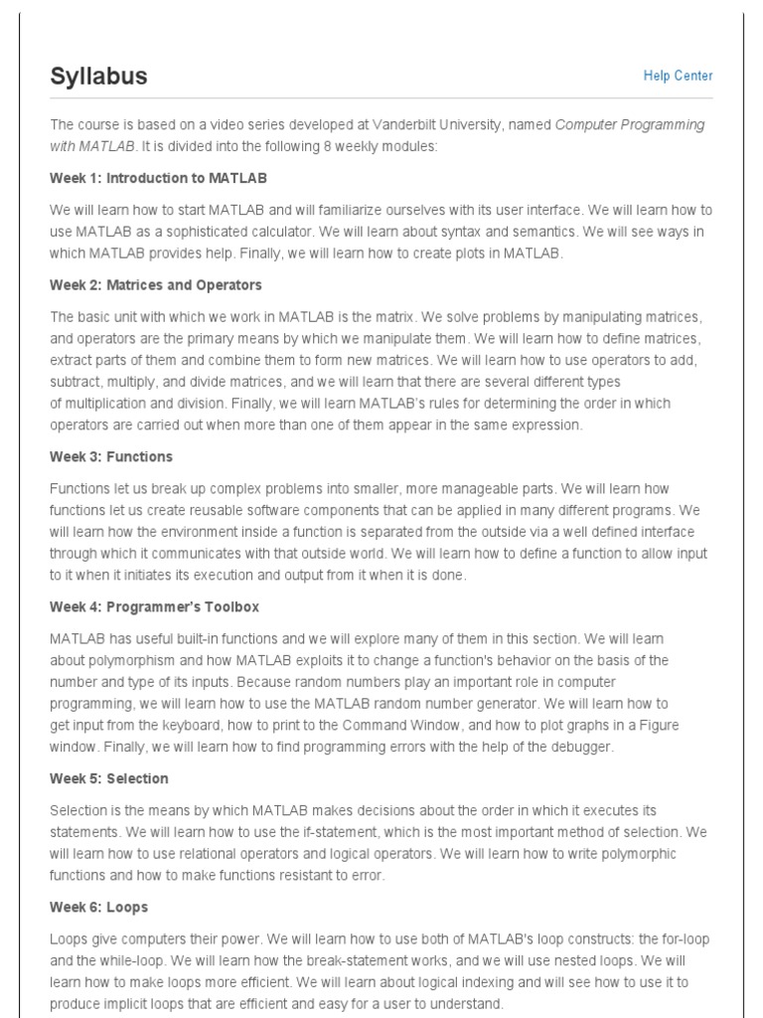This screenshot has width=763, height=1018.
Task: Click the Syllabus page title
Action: [98, 77]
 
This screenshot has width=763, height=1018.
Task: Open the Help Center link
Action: [678, 76]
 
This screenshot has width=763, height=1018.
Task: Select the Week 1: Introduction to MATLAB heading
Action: [158, 178]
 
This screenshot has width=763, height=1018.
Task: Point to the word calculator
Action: [276, 232]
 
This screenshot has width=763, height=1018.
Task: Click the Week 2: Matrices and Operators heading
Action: [156, 285]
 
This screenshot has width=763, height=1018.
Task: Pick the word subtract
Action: [76, 382]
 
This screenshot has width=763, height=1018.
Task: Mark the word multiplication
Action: [112, 404]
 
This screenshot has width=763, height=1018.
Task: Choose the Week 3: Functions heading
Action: [111, 456]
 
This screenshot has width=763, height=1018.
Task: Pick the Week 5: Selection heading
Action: [109, 778]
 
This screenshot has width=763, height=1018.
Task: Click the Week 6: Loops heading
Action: [99, 908]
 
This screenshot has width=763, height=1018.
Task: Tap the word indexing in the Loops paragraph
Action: [558, 982]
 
